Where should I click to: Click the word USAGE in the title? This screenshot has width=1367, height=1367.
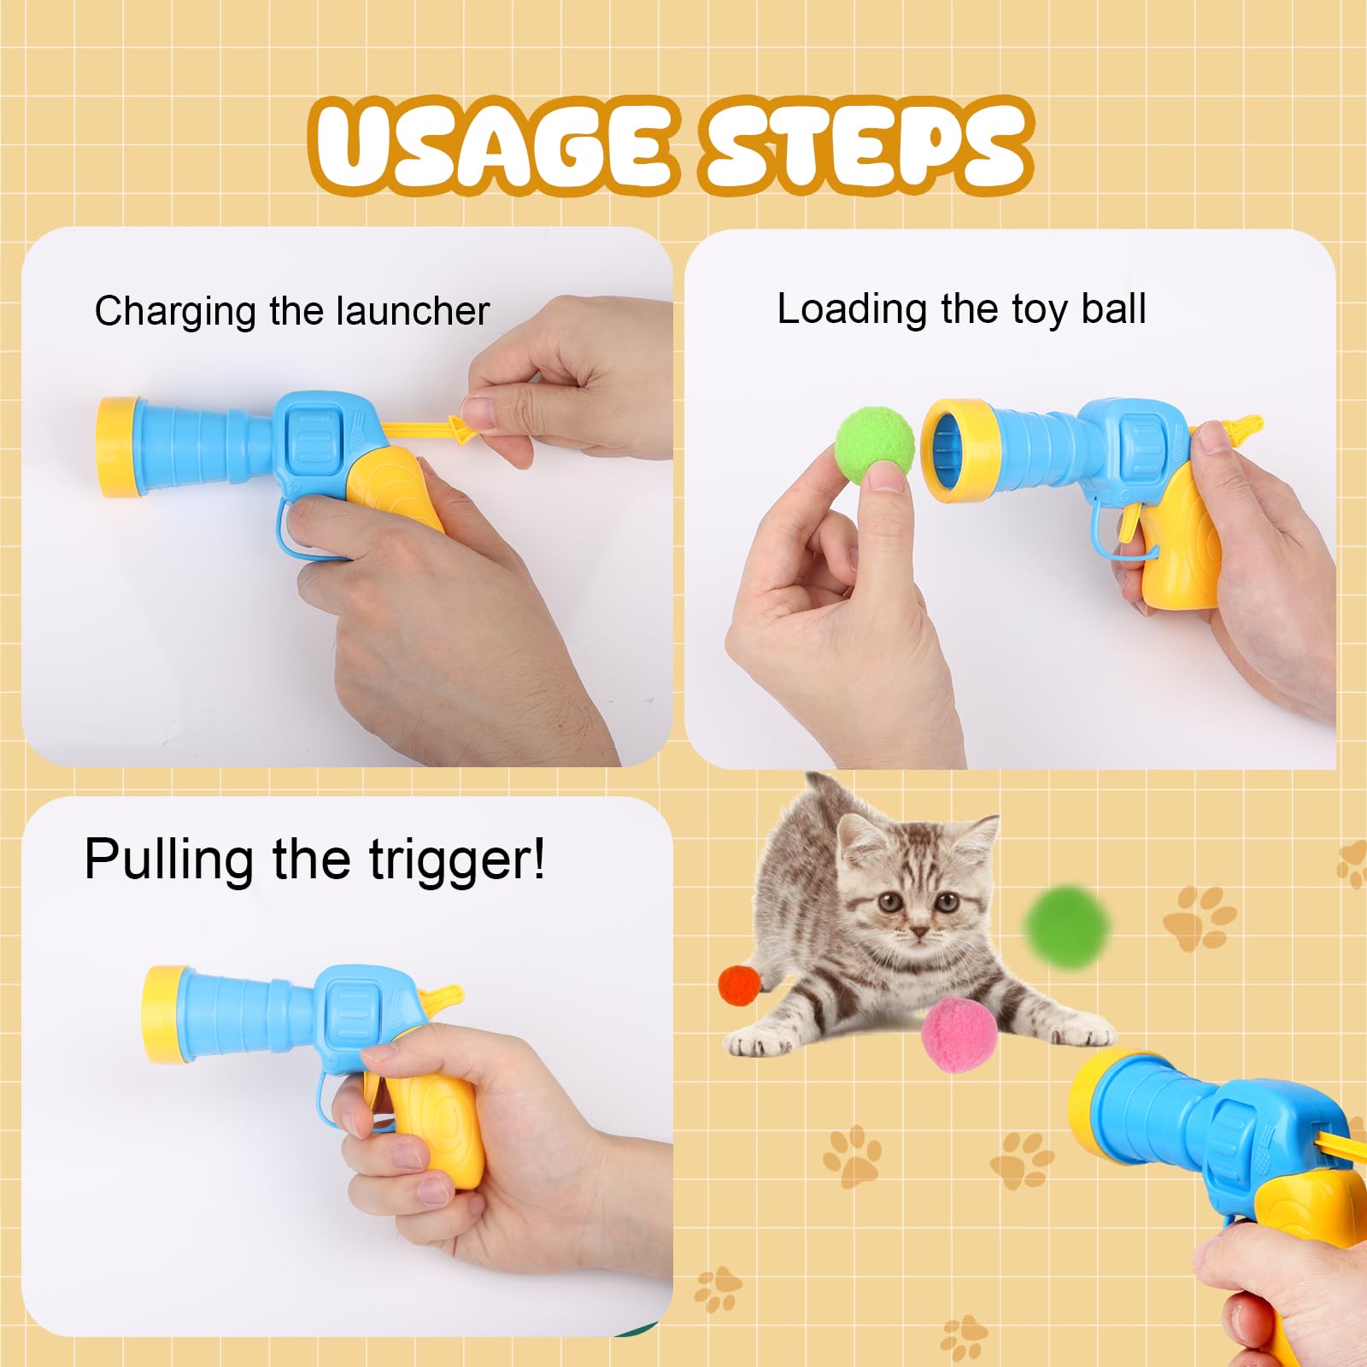[x=491, y=145]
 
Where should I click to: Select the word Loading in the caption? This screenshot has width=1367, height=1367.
[x=851, y=309]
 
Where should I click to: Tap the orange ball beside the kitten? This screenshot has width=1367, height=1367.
[x=739, y=985]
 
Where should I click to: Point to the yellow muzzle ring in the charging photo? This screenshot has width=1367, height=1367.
[x=115, y=447]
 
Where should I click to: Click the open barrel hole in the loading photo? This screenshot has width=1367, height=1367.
[x=948, y=450]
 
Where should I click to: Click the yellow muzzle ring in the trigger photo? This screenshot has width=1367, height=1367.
[x=162, y=1014]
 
